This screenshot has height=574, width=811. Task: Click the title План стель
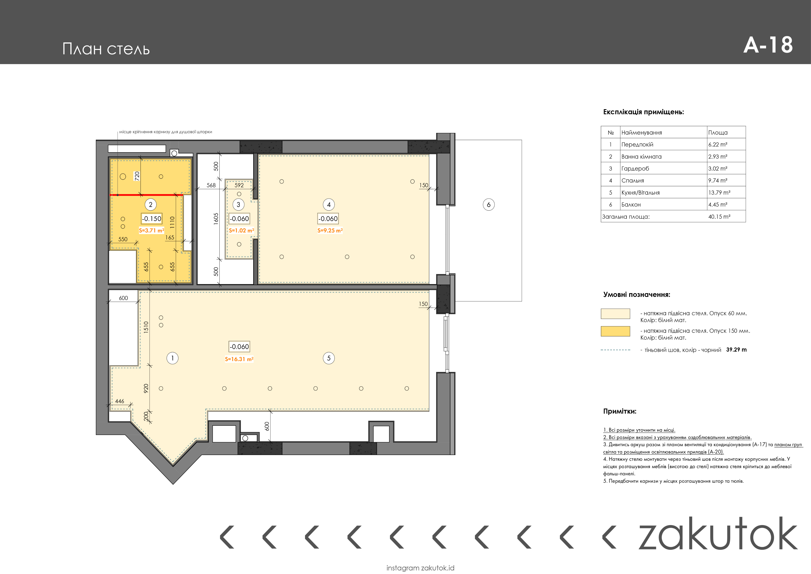106,49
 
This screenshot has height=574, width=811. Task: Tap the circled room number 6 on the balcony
488,204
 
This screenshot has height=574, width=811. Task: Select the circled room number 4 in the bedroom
329,204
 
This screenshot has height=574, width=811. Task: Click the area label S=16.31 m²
239,359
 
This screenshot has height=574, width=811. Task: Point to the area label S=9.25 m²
330,230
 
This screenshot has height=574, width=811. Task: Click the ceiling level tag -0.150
151,219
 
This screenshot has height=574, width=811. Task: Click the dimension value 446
120,401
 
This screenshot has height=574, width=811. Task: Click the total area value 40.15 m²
719,216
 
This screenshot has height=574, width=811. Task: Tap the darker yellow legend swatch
615,331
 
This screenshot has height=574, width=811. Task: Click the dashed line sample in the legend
615,350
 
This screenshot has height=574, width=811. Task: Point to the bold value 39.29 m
737,349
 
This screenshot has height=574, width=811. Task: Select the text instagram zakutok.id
420,568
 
